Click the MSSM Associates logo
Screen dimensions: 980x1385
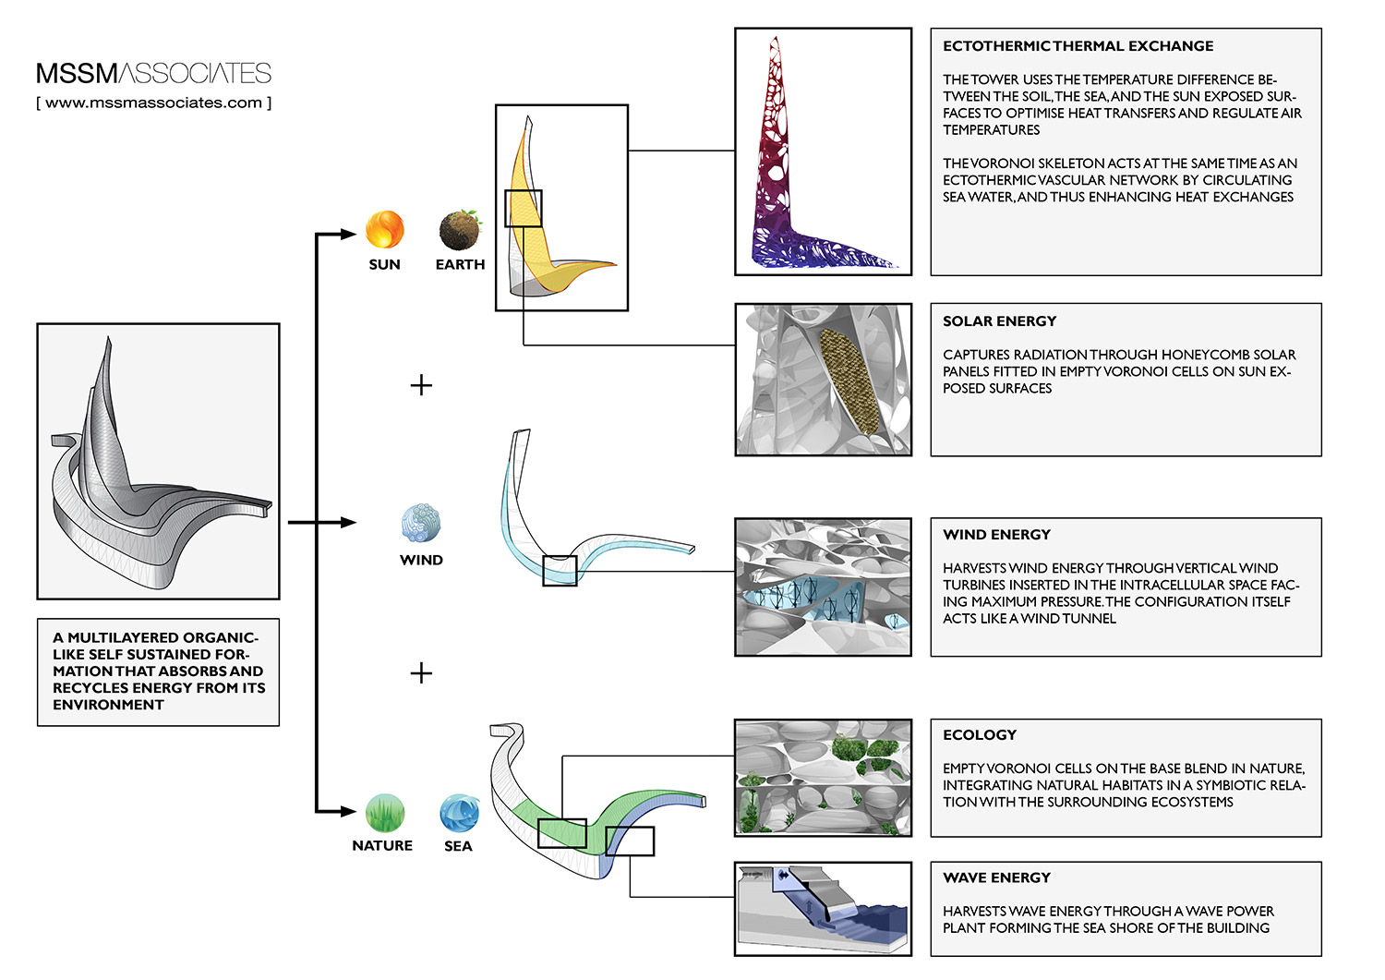click(x=153, y=73)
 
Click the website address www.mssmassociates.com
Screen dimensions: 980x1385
click(x=153, y=103)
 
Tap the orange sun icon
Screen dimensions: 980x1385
click(x=385, y=230)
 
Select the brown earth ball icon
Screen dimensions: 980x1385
click(x=460, y=230)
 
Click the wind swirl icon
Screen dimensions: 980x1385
click(x=421, y=523)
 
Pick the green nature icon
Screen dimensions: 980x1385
click(x=384, y=813)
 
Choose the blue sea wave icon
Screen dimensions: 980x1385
click(x=459, y=813)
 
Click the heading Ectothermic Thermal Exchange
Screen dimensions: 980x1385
click(x=1078, y=46)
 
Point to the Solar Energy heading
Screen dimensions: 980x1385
click(x=999, y=321)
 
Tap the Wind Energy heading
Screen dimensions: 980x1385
click(x=996, y=535)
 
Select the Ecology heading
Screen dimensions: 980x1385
click(x=980, y=735)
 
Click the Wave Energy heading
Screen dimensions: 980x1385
click(x=996, y=877)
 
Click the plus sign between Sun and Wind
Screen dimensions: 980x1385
click(x=421, y=385)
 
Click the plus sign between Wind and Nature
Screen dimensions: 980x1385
click(x=421, y=672)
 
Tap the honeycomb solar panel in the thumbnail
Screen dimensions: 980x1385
click(x=849, y=381)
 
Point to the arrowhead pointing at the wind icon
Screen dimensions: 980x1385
click(x=348, y=523)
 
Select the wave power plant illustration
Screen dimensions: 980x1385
click(x=823, y=909)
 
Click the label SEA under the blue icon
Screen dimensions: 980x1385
click(x=458, y=846)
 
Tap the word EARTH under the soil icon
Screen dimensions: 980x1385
click(x=460, y=265)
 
